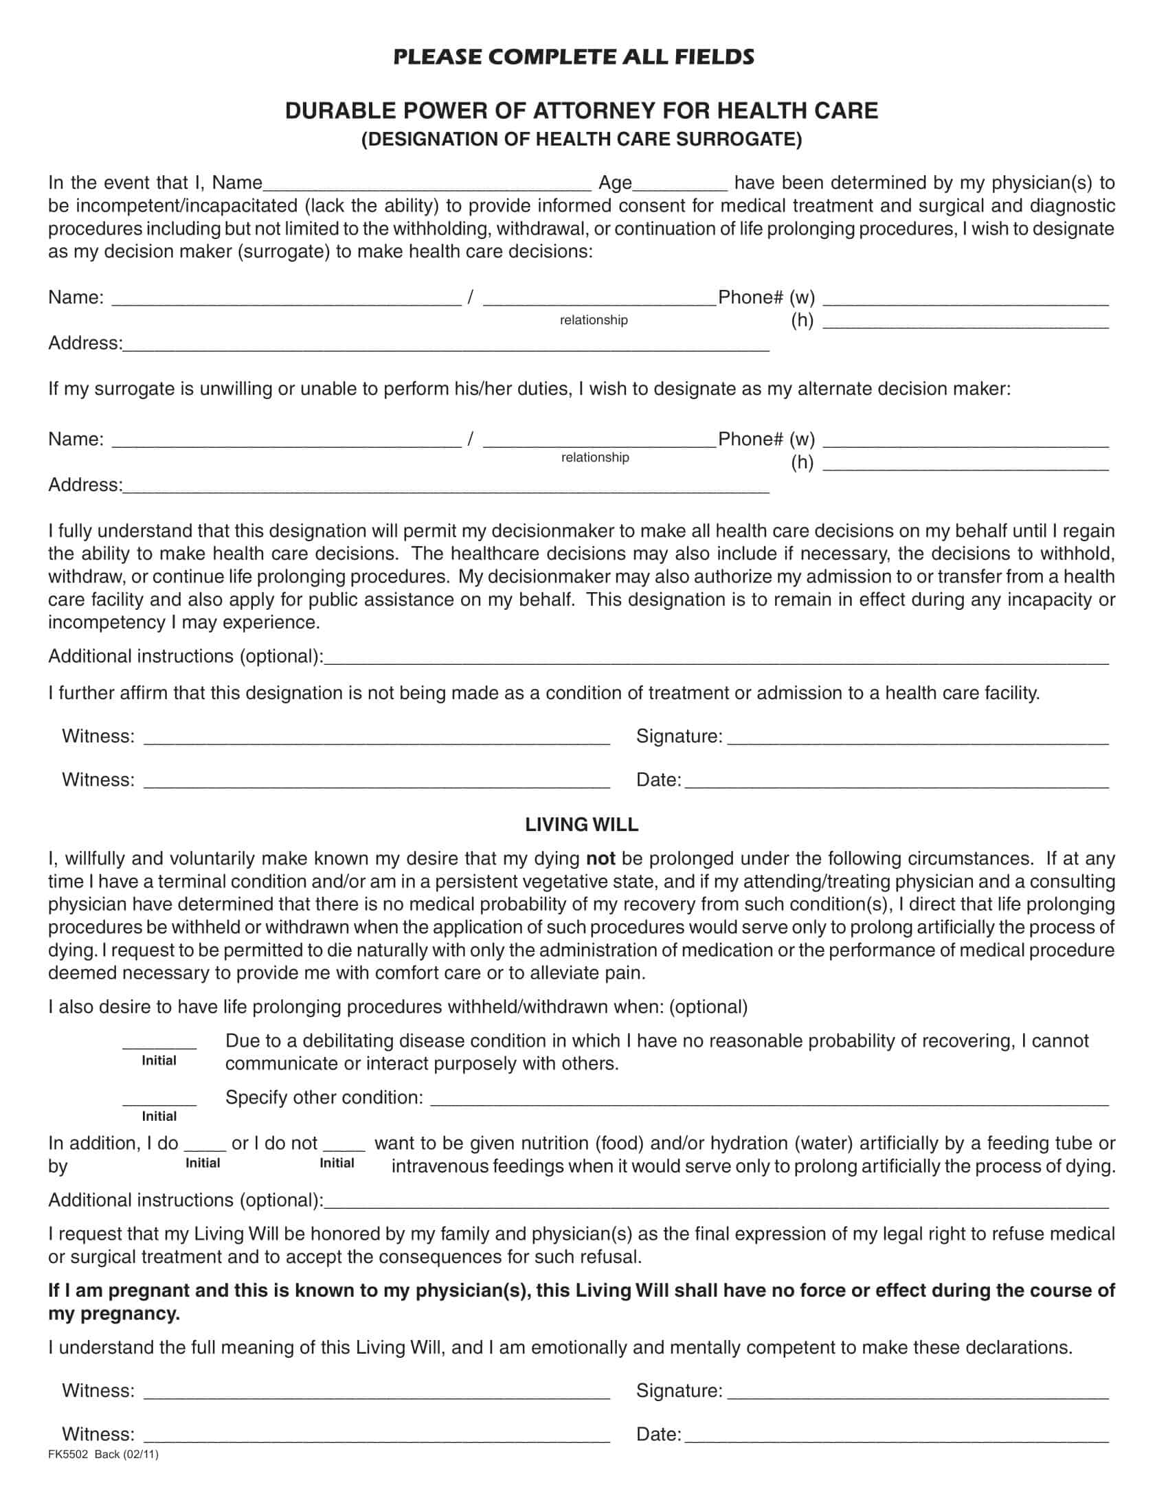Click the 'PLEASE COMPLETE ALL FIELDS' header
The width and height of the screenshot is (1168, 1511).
[x=573, y=57]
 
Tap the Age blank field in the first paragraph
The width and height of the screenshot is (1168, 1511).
[x=680, y=183]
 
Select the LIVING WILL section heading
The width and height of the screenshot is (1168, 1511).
[x=581, y=825]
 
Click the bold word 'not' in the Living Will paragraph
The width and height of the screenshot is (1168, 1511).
[x=600, y=859]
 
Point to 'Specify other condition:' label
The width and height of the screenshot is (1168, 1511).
[x=324, y=1098]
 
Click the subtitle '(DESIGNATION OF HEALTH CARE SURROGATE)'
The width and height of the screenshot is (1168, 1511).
[x=581, y=139]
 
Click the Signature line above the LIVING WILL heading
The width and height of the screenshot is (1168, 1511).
[x=917, y=738]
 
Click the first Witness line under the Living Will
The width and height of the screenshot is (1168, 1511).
[x=377, y=1391]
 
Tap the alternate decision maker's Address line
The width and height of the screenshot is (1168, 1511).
[x=446, y=486]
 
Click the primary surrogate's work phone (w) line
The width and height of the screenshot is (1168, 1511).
[x=965, y=299]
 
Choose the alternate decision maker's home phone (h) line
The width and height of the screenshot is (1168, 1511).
[x=965, y=464]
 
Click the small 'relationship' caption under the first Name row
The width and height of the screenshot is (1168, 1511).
[x=594, y=320]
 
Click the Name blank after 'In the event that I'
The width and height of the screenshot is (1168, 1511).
[x=427, y=183]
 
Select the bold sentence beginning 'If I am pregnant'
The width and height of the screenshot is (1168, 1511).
[x=581, y=1302]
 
